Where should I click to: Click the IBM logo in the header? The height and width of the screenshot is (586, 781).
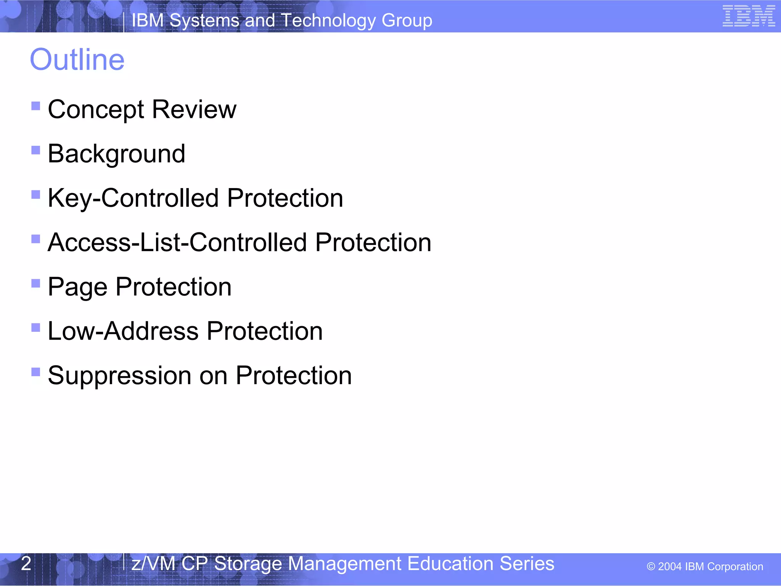click(749, 16)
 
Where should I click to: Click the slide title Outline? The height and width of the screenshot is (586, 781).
click(77, 60)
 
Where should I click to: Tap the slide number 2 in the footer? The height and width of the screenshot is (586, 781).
click(26, 563)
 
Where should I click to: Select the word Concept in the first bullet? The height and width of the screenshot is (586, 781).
click(96, 110)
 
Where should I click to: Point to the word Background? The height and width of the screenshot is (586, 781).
click(116, 154)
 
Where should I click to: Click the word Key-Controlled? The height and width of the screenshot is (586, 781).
click(133, 198)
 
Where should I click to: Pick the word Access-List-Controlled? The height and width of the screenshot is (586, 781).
click(177, 243)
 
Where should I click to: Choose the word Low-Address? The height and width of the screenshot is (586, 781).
click(123, 331)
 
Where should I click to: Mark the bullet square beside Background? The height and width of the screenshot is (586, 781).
click(36, 150)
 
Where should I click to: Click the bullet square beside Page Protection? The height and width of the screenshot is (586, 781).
click(36, 283)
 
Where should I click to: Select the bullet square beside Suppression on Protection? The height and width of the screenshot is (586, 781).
click(36, 372)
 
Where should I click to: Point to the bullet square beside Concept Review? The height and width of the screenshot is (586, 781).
click(36, 106)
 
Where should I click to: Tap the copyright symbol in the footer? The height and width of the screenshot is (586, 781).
click(651, 567)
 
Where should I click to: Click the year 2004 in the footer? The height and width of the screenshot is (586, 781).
click(670, 567)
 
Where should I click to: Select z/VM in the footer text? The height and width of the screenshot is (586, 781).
click(153, 564)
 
